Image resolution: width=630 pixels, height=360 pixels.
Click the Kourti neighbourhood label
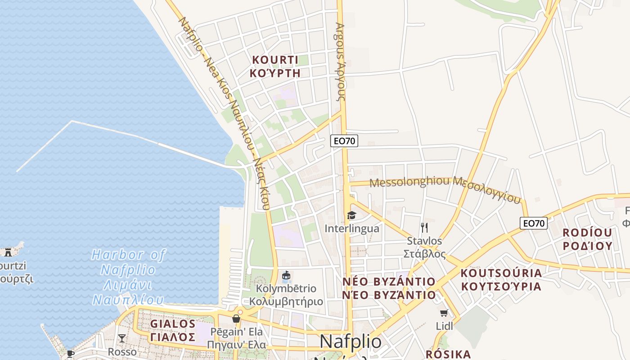(x=275, y=66)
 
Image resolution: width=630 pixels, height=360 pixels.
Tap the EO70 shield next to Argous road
(x=344, y=141)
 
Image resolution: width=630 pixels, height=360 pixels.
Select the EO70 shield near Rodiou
(x=533, y=223)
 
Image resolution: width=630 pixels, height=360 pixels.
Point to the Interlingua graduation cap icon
(x=351, y=216)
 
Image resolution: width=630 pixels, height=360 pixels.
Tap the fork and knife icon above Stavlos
(x=424, y=227)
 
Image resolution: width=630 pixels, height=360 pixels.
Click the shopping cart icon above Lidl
(x=444, y=313)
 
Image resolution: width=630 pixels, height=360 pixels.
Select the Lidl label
(x=445, y=326)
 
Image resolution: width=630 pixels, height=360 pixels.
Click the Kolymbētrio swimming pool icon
(x=286, y=275)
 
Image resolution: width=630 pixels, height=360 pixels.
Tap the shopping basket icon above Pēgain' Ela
(x=236, y=319)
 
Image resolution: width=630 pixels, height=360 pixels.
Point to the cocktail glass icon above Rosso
(x=121, y=338)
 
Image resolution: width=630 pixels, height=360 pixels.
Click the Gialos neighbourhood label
(x=173, y=330)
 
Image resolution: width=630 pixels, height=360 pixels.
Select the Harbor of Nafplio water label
(x=128, y=277)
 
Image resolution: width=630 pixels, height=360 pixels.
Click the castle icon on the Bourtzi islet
(x=8, y=252)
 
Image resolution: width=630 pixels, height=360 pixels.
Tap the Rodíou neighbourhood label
(x=587, y=239)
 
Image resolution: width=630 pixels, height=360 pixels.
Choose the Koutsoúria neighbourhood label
(x=501, y=279)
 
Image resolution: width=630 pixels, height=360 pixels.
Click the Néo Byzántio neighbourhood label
(x=389, y=288)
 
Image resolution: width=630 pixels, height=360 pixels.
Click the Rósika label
(x=448, y=354)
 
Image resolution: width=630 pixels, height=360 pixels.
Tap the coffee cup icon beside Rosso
(x=70, y=353)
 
